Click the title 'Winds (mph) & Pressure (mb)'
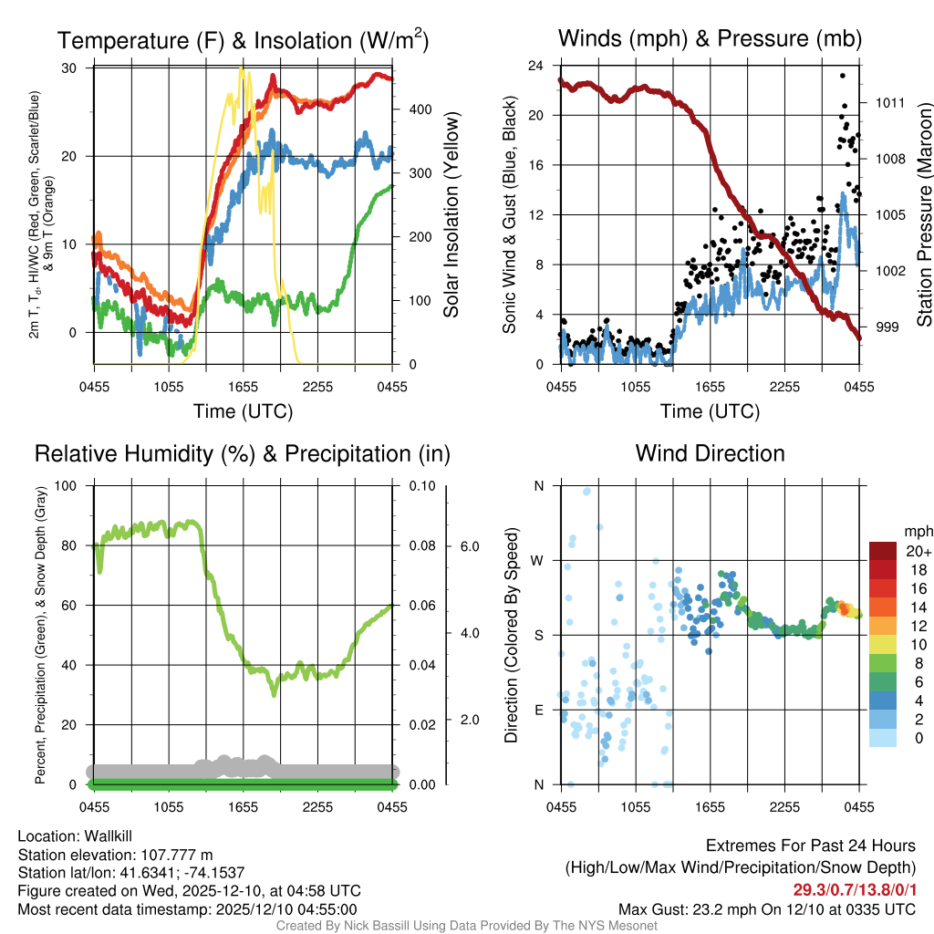point(710,38)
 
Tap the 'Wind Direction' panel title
point(710,453)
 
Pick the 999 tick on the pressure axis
point(888,327)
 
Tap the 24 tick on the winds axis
point(536,66)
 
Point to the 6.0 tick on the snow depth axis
point(470,546)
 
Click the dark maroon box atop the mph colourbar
point(884,551)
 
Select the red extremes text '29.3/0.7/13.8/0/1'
point(854,890)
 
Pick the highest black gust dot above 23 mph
point(843,76)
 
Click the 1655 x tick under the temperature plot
point(243,387)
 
